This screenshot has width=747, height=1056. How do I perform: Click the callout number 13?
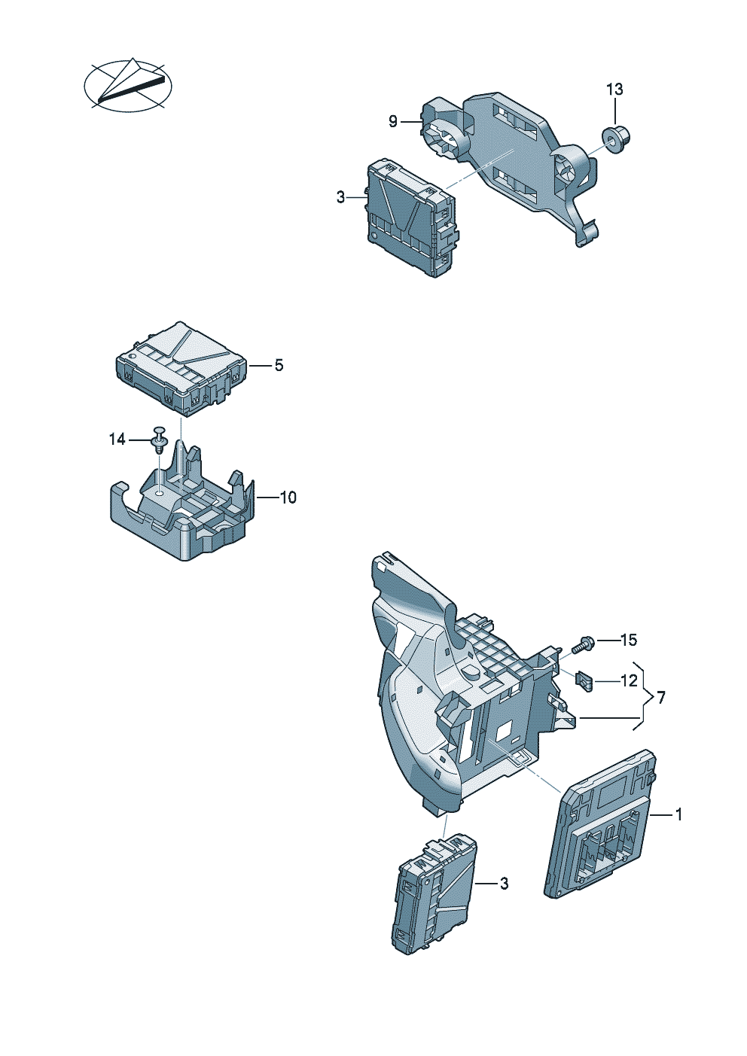(x=614, y=90)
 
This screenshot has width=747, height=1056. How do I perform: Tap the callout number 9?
(x=392, y=121)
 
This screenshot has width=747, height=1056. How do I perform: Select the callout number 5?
(x=279, y=365)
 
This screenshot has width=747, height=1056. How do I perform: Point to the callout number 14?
(x=117, y=439)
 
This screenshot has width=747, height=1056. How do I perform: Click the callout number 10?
(x=288, y=498)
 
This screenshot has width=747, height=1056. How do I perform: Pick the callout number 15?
(x=628, y=640)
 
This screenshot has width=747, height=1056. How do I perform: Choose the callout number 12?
(x=629, y=681)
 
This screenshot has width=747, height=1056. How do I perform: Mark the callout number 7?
(x=661, y=698)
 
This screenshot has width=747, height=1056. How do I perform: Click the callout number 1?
(x=678, y=814)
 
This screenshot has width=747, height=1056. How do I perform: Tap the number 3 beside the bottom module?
(x=504, y=883)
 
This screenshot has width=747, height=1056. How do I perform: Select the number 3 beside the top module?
(x=340, y=197)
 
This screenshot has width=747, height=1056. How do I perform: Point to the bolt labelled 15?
(x=583, y=644)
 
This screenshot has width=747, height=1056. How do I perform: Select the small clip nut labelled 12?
(x=584, y=680)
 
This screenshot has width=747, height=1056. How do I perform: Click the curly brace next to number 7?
(x=642, y=697)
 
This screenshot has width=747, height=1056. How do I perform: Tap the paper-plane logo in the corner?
(x=127, y=84)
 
